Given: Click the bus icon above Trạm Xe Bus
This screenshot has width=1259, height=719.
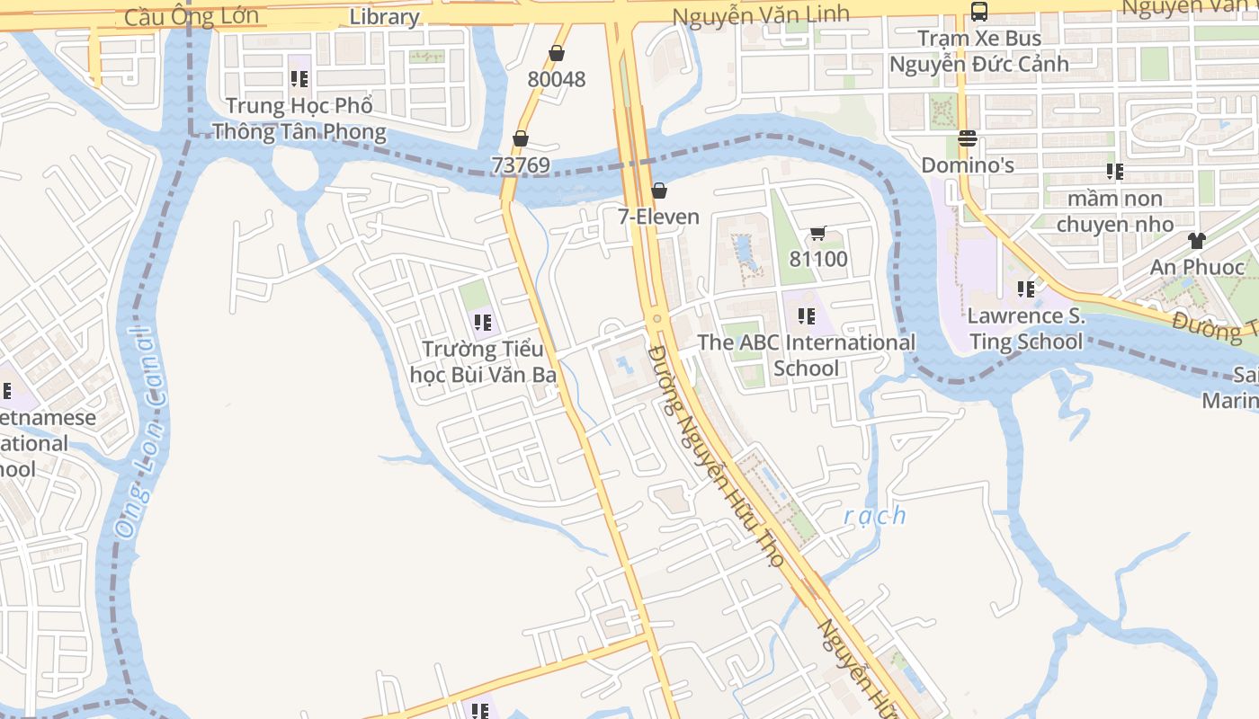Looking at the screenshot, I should (x=979, y=12).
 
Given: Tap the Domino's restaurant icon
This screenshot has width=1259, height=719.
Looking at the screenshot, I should (x=968, y=138).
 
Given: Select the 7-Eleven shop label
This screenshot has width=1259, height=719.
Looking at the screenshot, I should (x=658, y=217).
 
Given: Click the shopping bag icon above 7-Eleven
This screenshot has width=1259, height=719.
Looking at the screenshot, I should (x=659, y=191).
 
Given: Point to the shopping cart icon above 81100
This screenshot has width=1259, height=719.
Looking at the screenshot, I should (x=817, y=234).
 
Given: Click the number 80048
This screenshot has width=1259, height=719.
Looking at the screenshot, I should (x=556, y=79).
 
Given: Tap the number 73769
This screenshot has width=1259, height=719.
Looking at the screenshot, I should (x=520, y=165).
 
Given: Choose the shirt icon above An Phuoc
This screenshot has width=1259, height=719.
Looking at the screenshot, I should (x=1196, y=240).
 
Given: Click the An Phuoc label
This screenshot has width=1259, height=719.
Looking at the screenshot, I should (x=1197, y=267).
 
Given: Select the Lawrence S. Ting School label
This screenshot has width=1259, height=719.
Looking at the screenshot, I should (x=1026, y=329).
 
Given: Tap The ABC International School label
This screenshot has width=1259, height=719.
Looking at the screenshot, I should (x=807, y=355).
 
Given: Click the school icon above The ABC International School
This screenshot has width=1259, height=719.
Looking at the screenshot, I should (x=807, y=316).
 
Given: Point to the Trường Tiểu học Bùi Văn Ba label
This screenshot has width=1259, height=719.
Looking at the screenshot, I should (x=483, y=361).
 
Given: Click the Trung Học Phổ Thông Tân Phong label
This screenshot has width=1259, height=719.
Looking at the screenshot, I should (x=299, y=119).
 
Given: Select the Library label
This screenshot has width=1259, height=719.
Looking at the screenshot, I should (x=384, y=17).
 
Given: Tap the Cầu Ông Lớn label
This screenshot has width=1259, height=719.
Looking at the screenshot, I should (x=192, y=16).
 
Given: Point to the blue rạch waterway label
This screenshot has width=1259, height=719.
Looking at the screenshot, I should (x=875, y=516).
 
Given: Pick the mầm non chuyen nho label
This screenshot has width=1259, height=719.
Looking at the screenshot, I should (x=1115, y=211).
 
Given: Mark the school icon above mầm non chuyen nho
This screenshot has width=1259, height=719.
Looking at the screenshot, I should (x=1115, y=171).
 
